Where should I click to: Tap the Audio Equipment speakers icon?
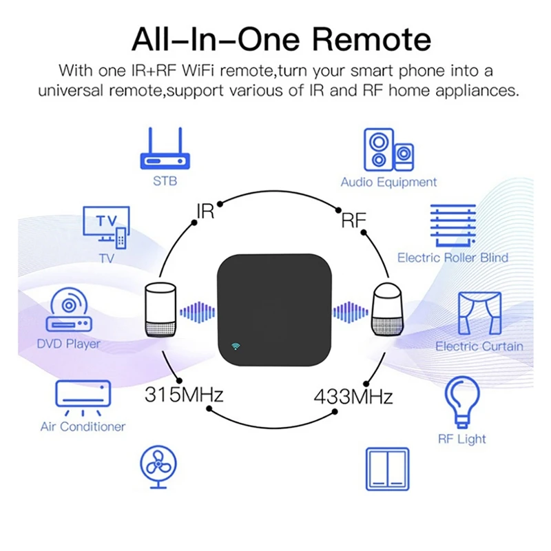click(x=388, y=149)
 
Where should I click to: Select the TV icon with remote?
click(x=107, y=227)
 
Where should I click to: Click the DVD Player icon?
click(x=69, y=309)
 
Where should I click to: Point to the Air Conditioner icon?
click(x=83, y=398)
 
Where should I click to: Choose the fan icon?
click(x=158, y=467)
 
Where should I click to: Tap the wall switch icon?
click(x=388, y=469)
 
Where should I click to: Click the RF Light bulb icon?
click(x=462, y=402)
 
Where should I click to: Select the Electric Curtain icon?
click(x=479, y=313)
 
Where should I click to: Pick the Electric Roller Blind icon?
click(x=453, y=225)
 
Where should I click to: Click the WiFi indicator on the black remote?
click(x=236, y=346)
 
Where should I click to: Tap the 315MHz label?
click(x=184, y=395)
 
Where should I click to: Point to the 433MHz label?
click(x=353, y=397)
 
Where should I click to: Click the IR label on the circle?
click(x=205, y=211)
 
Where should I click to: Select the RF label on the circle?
click(x=353, y=220)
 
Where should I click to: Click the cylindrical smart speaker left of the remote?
click(x=160, y=309)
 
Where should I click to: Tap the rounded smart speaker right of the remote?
click(x=388, y=309)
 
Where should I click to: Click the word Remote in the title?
click(x=371, y=40)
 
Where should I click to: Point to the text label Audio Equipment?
click(x=388, y=183)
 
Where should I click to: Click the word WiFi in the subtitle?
click(x=198, y=70)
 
